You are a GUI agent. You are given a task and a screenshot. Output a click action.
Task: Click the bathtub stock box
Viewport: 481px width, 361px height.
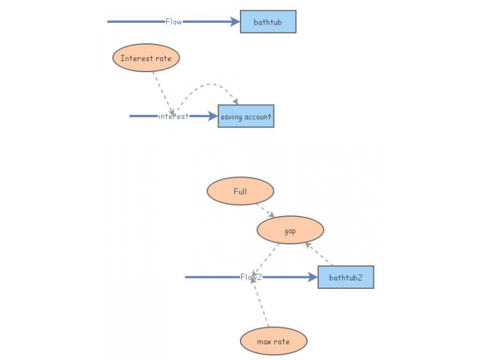coord(268,22)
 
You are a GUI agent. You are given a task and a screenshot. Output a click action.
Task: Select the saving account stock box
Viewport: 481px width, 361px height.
coord(246,116)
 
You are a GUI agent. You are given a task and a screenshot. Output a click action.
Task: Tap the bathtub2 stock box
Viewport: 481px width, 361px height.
coord(346,277)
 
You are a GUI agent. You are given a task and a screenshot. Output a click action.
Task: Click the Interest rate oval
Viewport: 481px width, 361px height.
coord(146,58)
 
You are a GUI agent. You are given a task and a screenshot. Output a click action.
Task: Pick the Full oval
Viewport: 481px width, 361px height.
coord(240,192)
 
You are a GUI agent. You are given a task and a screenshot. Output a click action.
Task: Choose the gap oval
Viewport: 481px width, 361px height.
coord(290,230)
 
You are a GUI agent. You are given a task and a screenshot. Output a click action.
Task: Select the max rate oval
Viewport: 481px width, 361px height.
coord(274,342)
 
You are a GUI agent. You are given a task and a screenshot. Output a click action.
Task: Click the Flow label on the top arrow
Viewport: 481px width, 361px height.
coord(174,22)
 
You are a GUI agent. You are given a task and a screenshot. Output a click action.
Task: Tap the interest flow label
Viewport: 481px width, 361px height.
coord(173,116)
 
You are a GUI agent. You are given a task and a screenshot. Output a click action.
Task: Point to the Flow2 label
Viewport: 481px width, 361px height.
coord(251,277)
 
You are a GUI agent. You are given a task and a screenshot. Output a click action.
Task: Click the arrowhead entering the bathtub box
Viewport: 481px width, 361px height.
coord(235,22)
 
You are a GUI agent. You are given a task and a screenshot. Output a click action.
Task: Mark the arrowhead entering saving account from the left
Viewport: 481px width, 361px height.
coord(213,116)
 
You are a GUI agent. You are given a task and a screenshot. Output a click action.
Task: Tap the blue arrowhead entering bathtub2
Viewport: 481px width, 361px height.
coord(312,277)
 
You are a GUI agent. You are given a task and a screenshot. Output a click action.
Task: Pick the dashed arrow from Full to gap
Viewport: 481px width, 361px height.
coord(265,210)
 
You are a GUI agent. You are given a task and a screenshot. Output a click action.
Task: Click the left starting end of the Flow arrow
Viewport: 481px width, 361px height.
coord(109,22)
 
